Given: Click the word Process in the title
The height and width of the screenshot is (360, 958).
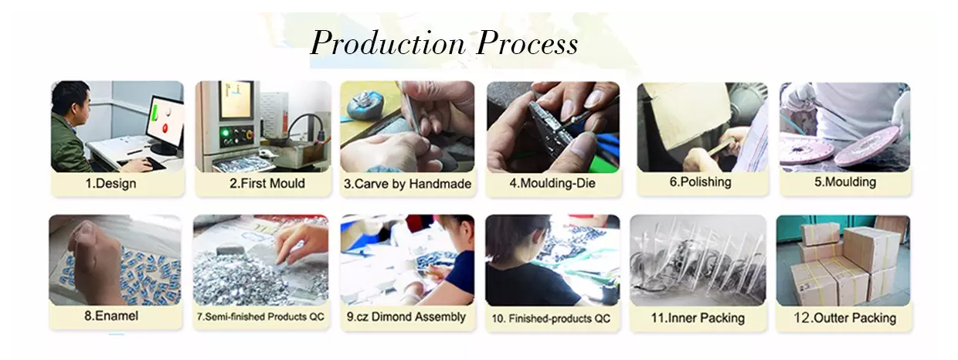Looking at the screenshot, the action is point(528,43).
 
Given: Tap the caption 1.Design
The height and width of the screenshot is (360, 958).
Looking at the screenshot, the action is point(110,183).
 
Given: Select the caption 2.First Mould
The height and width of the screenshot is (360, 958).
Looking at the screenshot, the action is point(267,183).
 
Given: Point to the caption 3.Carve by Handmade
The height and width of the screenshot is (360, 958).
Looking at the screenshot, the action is point(408,184).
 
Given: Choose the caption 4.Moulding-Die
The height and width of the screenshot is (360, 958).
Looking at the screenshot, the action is point(552,183).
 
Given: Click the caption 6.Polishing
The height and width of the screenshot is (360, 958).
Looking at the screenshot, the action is point(701,182).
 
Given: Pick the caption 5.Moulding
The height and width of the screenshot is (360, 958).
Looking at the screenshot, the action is point(845,182).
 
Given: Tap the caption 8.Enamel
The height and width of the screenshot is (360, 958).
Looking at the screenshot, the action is point(111,316).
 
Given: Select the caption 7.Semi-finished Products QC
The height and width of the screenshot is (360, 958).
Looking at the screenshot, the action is point(260,317).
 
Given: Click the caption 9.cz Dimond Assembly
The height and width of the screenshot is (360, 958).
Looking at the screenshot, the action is point(406,317).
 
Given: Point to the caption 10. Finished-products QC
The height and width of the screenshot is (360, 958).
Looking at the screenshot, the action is point(551,318).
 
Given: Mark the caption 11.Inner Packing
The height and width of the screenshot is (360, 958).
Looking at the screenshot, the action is point(698,318).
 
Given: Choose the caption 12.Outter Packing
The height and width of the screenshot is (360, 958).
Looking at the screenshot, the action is point(844,318).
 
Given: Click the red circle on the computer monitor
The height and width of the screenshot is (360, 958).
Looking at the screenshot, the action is point(165,127).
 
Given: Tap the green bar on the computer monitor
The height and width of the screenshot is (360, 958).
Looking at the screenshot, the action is point(155,112).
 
